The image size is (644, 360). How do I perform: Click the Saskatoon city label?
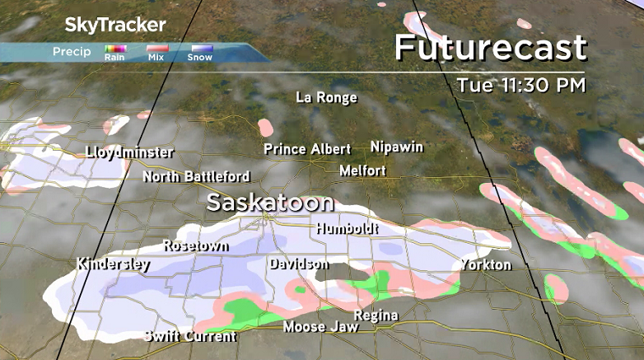click(270, 203)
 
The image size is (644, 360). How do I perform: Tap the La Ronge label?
click(326, 98)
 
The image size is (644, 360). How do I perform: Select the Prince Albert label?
click(307, 149)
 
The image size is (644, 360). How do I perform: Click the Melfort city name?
click(362, 171)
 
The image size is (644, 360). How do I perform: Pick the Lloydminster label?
click(129, 152)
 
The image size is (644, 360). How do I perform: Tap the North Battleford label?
click(196, 176)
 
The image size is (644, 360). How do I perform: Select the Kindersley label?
click(113, 264)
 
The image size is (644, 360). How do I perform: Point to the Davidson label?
click(298, 264)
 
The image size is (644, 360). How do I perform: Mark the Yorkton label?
click(486, 264)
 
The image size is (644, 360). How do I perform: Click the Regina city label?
click(376, 316)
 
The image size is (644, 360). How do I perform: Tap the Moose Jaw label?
click(320, 327)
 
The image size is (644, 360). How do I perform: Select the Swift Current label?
click(189, 336)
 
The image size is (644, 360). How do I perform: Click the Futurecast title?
click(490, 48)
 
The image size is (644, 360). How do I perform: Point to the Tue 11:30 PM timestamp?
click(521, 85)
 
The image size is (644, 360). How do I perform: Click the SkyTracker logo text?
click(115, 25)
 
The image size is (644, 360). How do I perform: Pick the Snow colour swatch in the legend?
click(200, 49)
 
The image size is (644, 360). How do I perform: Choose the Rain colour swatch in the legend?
click(114, 49)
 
